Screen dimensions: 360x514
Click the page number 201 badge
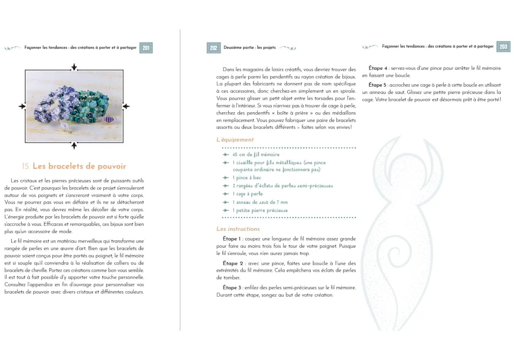tap(146, 48)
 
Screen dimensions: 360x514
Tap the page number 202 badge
tap(213, 48)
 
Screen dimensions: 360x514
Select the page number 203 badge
tap(503, 47)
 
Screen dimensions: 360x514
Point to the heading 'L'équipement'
tap(235, 140)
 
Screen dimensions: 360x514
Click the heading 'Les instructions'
tap(238, 229)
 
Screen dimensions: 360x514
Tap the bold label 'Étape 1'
tap(232, 239)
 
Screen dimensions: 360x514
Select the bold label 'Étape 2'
tap(233, 263)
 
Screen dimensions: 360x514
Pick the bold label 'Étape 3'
tap(232, 288)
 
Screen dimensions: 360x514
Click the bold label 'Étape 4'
tap(378, 68)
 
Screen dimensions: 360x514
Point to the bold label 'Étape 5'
tap(377, 85)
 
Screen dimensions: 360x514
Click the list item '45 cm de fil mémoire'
tap(256, 155)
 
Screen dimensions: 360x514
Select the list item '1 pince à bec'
tap(247, 178)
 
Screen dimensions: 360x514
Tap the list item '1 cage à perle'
tap(248, 194)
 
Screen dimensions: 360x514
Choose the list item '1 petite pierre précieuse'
tap(260, 211)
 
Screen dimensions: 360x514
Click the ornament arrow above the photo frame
tap(74, 67)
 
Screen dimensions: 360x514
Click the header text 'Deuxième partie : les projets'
tap(249, 48)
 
